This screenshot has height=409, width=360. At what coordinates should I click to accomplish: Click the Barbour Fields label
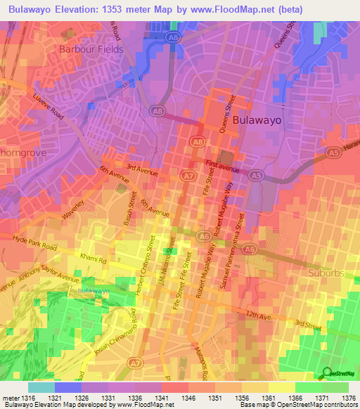91,50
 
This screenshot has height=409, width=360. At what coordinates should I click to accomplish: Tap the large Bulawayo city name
257,120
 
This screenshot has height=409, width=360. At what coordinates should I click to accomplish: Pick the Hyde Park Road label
34,243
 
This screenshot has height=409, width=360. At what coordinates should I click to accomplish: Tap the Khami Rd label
93,259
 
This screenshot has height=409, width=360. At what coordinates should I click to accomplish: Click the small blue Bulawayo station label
94,290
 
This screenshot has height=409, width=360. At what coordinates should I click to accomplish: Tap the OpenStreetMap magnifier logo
328,373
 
